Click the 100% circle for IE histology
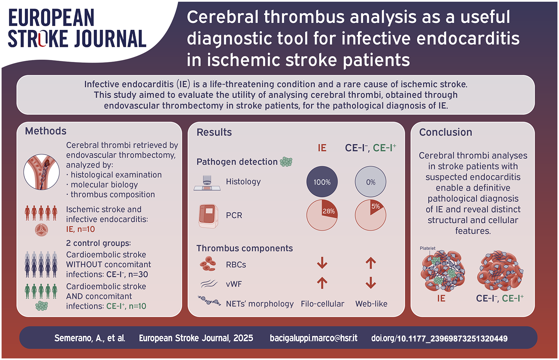[x=322, y=182]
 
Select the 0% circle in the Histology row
[x=371, y=182]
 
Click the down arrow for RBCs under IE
[x=322, y=263]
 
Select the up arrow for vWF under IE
[x=322, y=283]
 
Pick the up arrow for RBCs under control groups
[x=371, y=263]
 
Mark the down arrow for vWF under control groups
[x=371, y=283]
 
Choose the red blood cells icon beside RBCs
[x=208, y=264]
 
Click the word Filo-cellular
[x=322, y=304]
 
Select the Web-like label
[x=371, y=304]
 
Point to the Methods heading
[x=46, y=131]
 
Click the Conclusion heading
[x=446, y=132]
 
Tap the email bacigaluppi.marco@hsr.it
[x=313, y=338]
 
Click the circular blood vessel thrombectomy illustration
[x=42, y=172]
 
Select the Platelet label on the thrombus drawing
[x=427, y=248]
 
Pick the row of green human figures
[x=41, y=291]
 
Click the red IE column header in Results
[x=322, y=148]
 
